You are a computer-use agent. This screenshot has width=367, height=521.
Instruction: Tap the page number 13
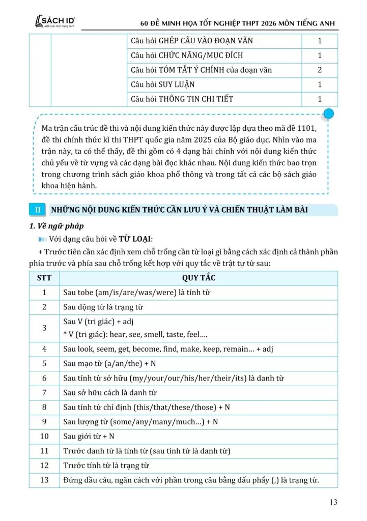click(333, 503)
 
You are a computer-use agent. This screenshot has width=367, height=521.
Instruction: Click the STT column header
click(44, 278)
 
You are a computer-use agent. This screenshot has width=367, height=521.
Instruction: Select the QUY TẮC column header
click(199, 278)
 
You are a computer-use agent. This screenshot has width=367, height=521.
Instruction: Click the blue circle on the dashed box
click(329, 113)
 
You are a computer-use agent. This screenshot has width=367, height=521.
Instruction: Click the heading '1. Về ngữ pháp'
click(57, 226)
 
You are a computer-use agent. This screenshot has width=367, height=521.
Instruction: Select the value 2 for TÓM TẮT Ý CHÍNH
click(320, 70)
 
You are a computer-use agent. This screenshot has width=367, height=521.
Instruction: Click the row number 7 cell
click(44, 393)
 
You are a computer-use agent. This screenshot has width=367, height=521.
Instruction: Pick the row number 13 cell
click(44, 480)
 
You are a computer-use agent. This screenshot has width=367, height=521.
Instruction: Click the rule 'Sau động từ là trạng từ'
click(103, 307)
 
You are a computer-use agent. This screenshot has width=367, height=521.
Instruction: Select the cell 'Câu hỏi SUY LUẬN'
click(162, 84)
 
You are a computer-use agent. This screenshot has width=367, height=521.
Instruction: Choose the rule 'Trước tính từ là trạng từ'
click(106, 466)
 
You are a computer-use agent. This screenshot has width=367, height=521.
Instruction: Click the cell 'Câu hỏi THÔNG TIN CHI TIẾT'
click(182, 99)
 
